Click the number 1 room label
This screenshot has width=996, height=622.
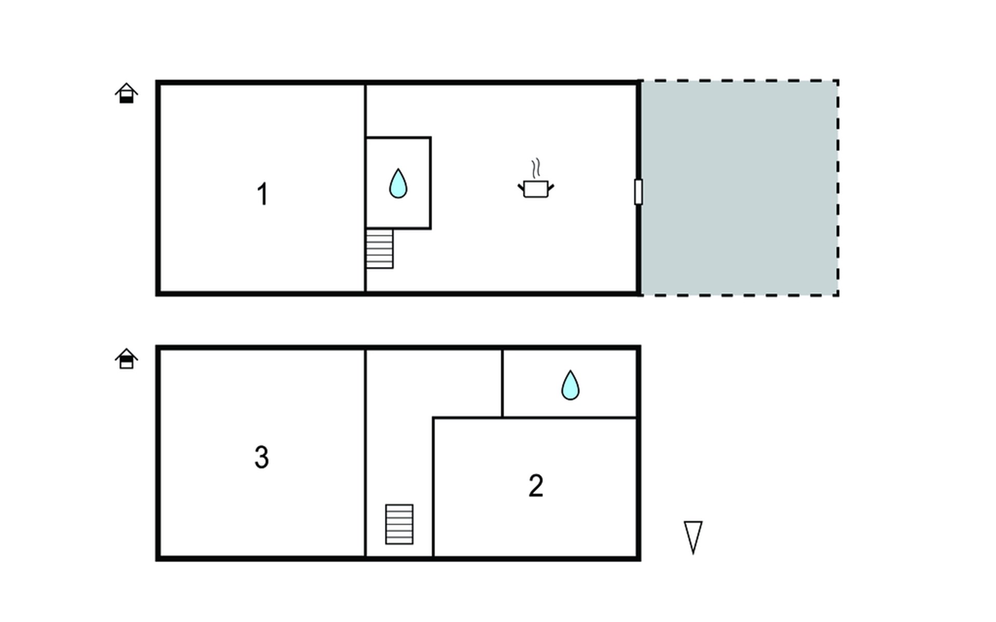point(262,194)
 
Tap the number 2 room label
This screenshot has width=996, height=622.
point(536,486)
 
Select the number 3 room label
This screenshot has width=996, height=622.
point(261,457)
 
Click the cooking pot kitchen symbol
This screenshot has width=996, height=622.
point(536,189)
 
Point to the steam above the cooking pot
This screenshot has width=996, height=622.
point(536,168)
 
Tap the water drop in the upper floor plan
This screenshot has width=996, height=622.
point(398,183)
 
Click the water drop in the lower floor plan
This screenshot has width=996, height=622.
point(570,385)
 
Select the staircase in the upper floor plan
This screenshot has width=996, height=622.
point(379,249)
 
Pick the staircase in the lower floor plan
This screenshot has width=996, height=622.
point(399,524)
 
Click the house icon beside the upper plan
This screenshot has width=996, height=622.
point(126,93)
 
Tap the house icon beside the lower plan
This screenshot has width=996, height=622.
point(126,359)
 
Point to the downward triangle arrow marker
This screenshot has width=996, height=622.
point(693,538)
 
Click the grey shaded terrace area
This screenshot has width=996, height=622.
point(739,188)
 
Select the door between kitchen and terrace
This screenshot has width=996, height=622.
point(639,192)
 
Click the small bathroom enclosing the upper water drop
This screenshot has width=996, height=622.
point(398,183)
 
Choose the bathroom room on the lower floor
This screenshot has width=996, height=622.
point(570,384)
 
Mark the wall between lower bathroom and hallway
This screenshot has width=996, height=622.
point(502,384)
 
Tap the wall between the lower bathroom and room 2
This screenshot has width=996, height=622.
point(570,417)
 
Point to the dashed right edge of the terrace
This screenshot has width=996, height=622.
point(838,188)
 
